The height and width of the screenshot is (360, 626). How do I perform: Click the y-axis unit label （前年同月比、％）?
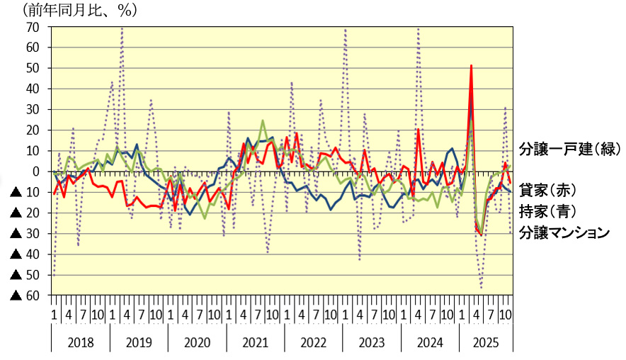(79, 11)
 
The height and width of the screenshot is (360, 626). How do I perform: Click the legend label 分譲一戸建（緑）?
(569, 150)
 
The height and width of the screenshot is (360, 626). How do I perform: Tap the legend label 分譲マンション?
(564, 232)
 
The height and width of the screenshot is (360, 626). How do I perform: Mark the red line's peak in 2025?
(472, 65)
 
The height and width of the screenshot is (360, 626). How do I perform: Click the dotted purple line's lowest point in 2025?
(482, 287)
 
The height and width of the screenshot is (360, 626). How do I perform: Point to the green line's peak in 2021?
(263, 120)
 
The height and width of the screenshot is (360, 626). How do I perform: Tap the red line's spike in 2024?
(419, 129)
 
